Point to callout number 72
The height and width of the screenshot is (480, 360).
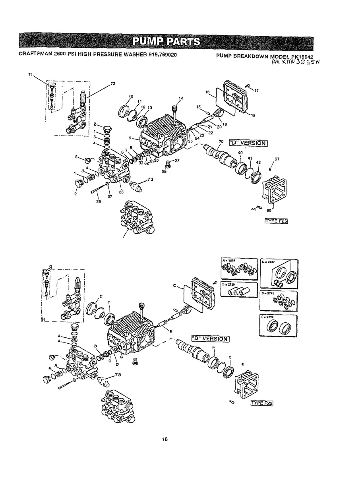click(x=113, y=84)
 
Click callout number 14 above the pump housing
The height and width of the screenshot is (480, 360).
click(x=181, y=98)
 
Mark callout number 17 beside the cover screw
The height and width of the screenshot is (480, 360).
click(x=256, y=91)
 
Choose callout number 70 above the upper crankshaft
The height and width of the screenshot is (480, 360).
click(x=221, y=141)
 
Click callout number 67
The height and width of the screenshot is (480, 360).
click(x=277, y=159)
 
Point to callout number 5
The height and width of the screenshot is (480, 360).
click(x=76, y=157)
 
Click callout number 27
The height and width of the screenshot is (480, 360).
click(x=177, y=161)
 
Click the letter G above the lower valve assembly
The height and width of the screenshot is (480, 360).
click(x=50, y=265)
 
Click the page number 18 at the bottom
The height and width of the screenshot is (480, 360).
click(x=165, y=439)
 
